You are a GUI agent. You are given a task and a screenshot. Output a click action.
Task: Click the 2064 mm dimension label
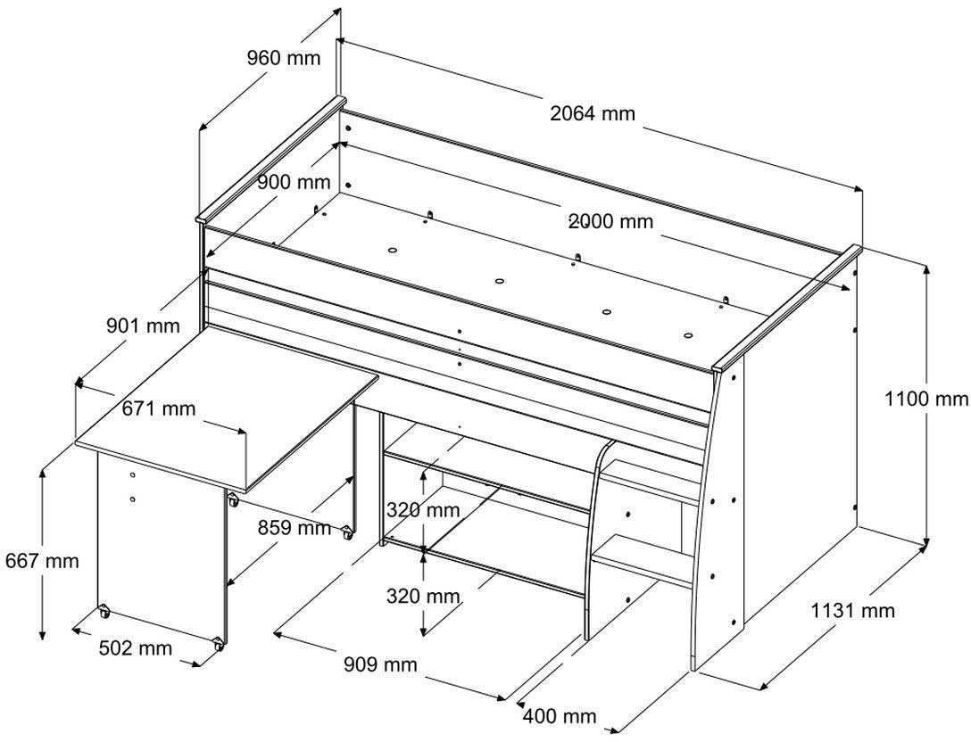593,113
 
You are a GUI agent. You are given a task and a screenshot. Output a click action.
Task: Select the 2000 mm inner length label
611,221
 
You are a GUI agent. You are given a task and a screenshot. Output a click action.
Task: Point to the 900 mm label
294,183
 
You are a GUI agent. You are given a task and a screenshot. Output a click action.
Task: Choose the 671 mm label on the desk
159,409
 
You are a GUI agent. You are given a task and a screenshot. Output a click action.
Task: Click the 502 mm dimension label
136,648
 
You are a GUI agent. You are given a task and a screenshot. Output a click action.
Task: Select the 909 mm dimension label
379,664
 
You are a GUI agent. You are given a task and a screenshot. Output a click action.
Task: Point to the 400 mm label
560,716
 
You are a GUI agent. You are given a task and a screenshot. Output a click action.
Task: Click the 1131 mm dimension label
852,611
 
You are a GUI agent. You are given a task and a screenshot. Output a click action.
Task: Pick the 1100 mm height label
925,399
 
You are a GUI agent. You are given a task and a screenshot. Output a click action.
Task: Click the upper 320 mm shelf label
423,510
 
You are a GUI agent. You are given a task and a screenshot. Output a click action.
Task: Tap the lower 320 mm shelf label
423,596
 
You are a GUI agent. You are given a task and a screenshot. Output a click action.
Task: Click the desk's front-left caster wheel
104,612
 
